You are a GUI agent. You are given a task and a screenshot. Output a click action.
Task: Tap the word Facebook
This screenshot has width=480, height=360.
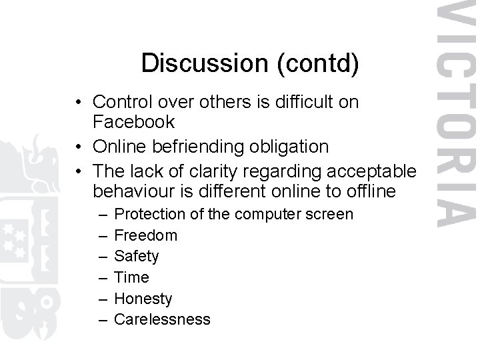tap(134, 122)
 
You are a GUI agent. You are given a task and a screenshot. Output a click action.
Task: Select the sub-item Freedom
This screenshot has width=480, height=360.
tap(146, 235)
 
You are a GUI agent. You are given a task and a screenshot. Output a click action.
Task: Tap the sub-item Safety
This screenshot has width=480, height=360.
tap(137, 256)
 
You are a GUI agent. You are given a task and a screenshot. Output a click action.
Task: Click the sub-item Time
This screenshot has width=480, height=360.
tap(132, 277)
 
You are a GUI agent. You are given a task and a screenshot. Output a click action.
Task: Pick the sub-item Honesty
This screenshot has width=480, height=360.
tap(143, 299)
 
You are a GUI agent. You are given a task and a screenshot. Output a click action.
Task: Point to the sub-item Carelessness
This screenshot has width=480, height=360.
tap(162, 320)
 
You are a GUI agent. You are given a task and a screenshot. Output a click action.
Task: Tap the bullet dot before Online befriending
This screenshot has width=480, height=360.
tap(79, 146)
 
